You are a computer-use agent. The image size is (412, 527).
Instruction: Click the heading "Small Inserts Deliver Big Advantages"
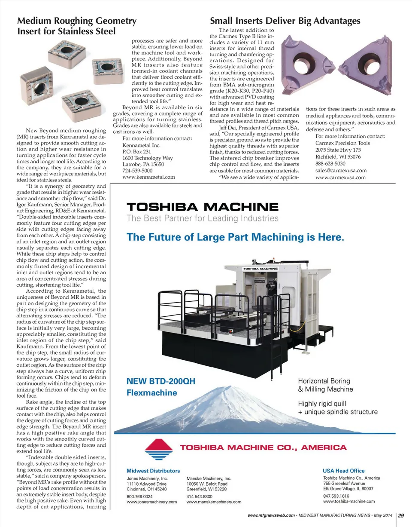[285, 21]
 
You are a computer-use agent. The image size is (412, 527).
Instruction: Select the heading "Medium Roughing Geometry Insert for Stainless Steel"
[76, 26]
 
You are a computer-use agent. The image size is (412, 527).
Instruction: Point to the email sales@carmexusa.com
[341, 171]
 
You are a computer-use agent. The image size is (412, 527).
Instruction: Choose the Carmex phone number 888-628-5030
[330, 163]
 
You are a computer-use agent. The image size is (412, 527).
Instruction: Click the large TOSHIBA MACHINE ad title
[202, 207]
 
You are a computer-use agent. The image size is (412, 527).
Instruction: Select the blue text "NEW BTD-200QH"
[161, 381]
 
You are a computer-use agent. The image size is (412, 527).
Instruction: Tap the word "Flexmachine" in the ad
[152, 392]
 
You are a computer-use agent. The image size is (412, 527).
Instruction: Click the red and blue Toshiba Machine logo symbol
[158, 450]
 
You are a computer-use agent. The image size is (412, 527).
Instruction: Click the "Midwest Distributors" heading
[153, 471]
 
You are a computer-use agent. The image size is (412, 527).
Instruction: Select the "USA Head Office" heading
[344, 471]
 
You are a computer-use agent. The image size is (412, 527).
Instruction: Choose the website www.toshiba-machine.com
[349, 501]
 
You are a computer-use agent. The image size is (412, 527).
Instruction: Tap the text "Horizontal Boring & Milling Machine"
[325, 385]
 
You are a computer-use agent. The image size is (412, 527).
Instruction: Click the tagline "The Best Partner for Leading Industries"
[202, 218]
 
